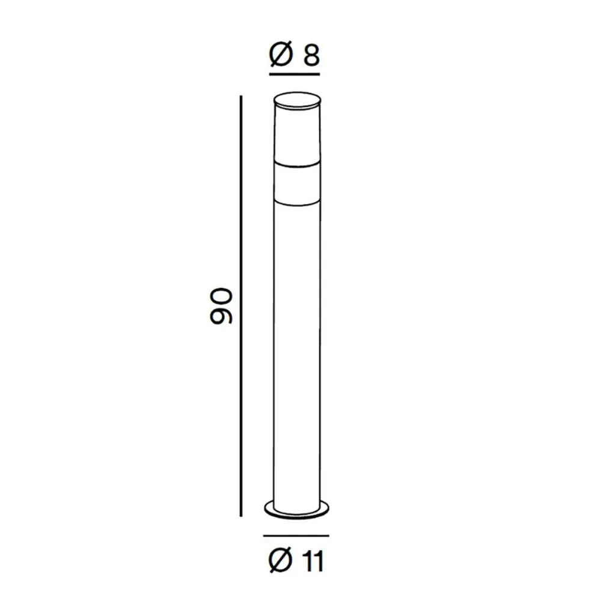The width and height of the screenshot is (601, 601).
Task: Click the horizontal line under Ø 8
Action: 294,75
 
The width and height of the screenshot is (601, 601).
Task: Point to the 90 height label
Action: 221,307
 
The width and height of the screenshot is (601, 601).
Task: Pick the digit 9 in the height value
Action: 221,317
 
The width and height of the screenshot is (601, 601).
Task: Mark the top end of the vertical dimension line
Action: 241,97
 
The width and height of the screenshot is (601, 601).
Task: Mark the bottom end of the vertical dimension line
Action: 241,516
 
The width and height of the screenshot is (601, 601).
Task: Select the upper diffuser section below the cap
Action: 297,135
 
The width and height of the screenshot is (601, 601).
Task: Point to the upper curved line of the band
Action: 297,163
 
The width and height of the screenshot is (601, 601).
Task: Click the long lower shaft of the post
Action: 297,349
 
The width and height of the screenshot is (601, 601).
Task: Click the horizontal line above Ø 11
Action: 296,534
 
